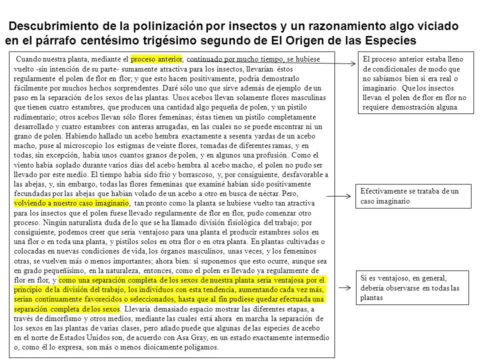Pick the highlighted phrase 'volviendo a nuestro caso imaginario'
pyautogui.click(x=72, y=204)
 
